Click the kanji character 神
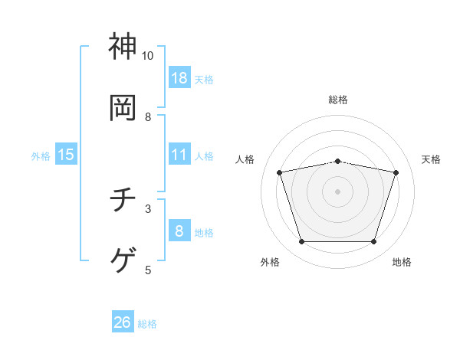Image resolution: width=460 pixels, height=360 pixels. pos(123,47)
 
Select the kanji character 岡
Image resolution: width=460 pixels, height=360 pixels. pos(123,108)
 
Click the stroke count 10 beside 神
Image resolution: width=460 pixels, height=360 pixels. pos(148,56)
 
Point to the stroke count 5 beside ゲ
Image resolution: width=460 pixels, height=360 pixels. pos(148,270)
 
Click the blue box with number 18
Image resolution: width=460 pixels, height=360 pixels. pos(179,77)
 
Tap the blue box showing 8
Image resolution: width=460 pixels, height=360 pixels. pos(179,231)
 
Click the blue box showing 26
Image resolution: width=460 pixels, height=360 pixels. pos(123,322)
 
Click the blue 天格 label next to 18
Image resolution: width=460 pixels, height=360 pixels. pos(204,79)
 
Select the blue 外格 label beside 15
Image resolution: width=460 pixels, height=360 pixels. pos(41,156)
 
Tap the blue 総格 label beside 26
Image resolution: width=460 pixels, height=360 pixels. pos(147,324)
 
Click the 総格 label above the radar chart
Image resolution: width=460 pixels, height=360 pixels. pos(338,100)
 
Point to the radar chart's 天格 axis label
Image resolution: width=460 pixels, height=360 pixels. pos(431,159)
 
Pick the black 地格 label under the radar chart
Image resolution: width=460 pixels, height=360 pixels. pos(402,262)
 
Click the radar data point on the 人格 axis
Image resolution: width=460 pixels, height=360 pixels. pos(280,173)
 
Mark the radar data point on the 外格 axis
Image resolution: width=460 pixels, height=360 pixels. pos(301,242)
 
